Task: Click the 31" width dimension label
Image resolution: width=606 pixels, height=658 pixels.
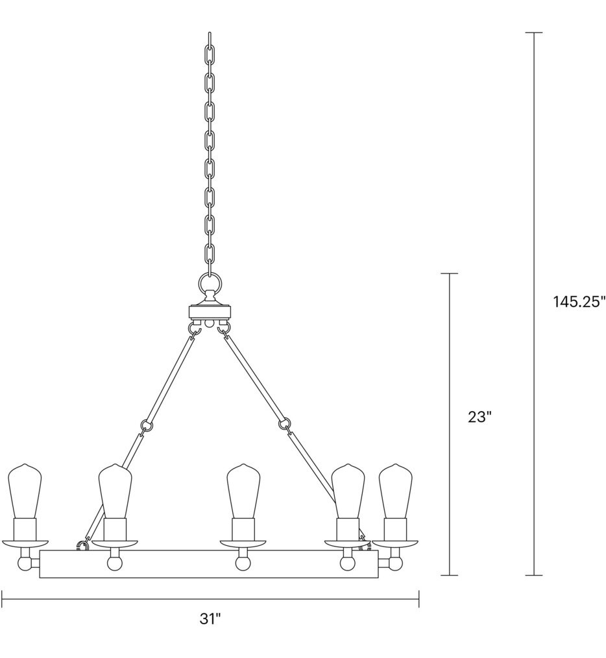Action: click(210, 619)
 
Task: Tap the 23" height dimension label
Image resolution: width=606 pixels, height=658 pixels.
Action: click(481, 417)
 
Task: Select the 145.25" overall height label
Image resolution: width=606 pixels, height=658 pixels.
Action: click(579, 302)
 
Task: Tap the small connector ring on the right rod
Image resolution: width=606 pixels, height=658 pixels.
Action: click(283, 425)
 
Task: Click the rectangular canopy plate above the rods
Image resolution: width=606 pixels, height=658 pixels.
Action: click(210, 311)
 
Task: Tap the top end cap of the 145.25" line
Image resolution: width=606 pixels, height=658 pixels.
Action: click(533, 32)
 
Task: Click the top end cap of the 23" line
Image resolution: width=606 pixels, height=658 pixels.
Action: click(449, 274)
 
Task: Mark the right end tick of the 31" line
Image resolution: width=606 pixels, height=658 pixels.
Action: click(418, 599)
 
